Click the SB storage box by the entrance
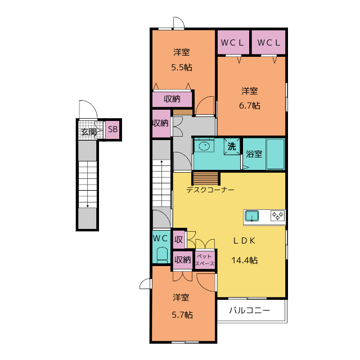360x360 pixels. [112, 129]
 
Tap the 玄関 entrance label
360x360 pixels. [89, 132]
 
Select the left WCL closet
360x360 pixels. [233, 42]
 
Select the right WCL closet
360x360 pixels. [268, 42]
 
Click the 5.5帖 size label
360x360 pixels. [182, 67]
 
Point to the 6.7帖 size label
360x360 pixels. [250, 106]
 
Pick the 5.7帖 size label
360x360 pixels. [182, 314]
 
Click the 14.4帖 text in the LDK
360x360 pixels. [244, 260]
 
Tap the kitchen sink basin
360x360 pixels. [251, 216]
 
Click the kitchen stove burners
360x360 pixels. [278, 216]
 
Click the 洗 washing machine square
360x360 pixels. [232, 146]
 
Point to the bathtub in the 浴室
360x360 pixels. [275, 154]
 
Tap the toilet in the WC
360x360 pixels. [162, 255]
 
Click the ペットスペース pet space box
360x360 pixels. [205, 260]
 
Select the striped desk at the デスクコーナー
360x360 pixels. [206, 178]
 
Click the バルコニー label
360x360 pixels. [249, 310]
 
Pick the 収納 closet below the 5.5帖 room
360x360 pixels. [172, 99]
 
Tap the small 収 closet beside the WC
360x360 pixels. [179, 240]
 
